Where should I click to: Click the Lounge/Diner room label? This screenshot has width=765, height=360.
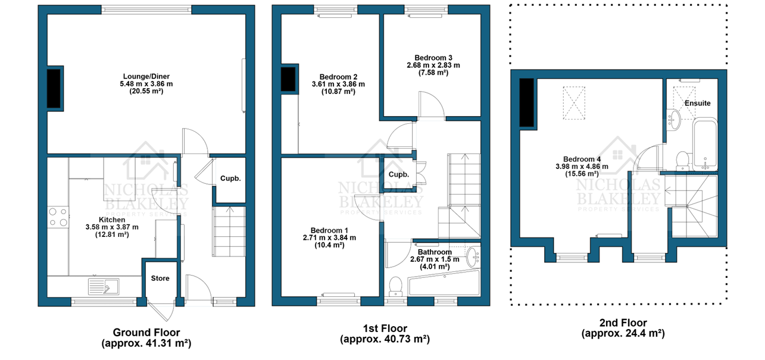pos(146,76)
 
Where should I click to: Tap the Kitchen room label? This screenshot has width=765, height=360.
pos(112,220)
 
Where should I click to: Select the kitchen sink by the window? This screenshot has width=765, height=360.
pos(104,286)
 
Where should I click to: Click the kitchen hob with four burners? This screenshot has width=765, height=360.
pos(58,217)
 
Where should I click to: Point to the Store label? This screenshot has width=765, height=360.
pos(160,278)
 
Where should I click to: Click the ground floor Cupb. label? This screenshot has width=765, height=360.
pos(230,179)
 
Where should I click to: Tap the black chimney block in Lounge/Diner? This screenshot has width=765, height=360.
pos(54,89)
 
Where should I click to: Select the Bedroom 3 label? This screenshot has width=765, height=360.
pos(433,58)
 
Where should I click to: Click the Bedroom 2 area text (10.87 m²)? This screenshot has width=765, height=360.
pos(338,92)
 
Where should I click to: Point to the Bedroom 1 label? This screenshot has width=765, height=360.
pos(329,231)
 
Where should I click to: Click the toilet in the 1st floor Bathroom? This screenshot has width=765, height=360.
pos(395,286)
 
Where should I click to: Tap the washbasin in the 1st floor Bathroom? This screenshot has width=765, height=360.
pos(473,257)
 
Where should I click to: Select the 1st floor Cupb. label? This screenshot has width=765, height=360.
pos(399,175)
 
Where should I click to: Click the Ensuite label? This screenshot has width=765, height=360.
pos(697,104)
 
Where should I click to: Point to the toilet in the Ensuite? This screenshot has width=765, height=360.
pos(683,161)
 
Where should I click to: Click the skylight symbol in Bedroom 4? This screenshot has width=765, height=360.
pos(574,103)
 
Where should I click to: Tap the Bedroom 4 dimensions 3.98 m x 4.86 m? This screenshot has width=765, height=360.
pos(582,167)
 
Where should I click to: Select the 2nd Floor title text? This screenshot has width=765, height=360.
pos(623,323)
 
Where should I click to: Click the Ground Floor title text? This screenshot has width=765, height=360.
pos(146,333)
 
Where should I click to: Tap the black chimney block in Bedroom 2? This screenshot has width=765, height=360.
pos(288,79)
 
